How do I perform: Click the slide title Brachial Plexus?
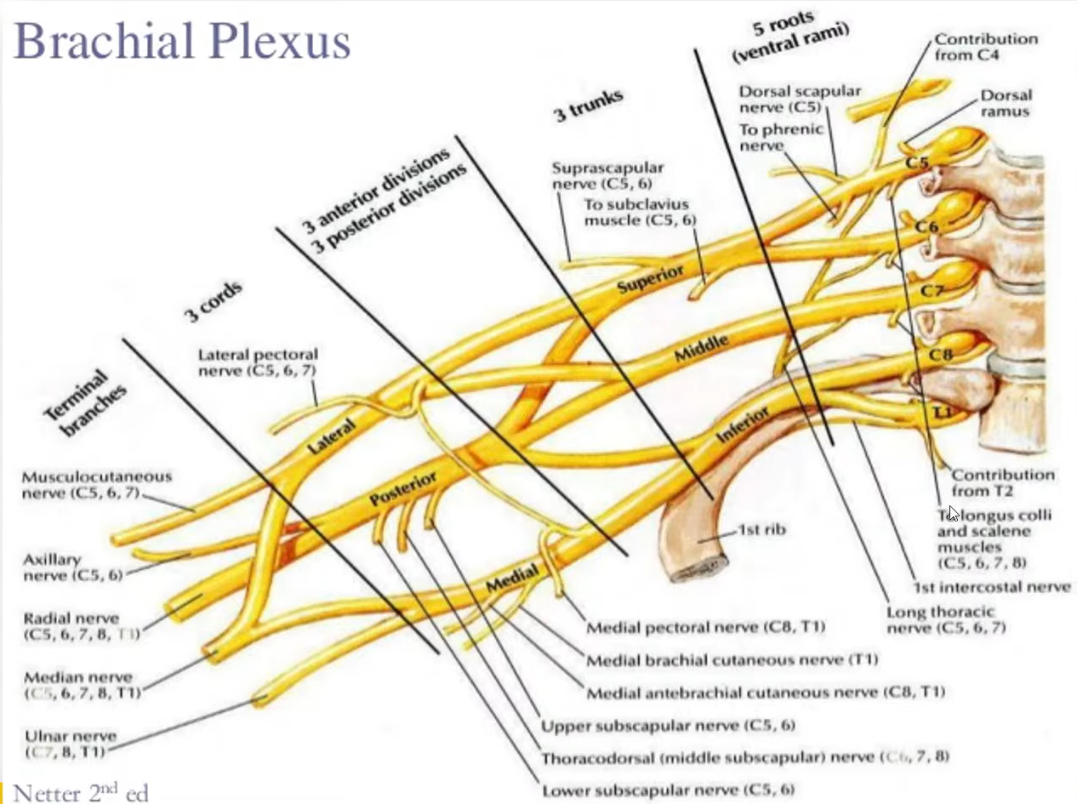pos(183,42)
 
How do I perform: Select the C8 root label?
pos(939,355)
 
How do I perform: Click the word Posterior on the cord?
pos(404,488)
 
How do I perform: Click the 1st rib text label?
pos(761,529)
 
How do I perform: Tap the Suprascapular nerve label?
pos(607,176)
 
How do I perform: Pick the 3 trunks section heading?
pos(590,105)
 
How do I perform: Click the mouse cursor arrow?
pos(954,514)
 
